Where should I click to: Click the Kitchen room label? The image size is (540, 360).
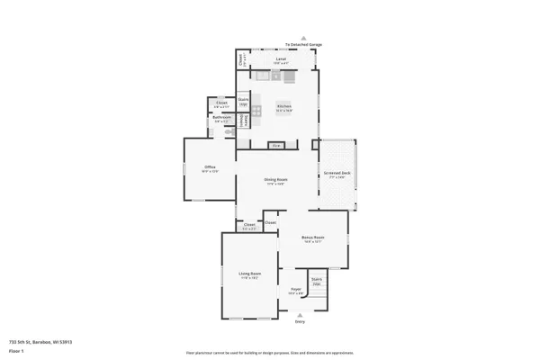click(284, 107)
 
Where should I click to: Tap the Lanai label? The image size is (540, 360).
click(281, 59)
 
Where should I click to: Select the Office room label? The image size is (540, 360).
click(210, 167)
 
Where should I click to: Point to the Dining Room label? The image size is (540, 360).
click(275, 180)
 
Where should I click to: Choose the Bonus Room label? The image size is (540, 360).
click(312, 238)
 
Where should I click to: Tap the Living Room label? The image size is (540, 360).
click(249, 274)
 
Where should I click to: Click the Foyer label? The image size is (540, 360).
click(294, 289)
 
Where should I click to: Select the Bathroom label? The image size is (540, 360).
click(222, 117)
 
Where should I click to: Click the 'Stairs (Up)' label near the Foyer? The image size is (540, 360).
click(317, 281)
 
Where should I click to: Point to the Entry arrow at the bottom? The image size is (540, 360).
click(301, 315)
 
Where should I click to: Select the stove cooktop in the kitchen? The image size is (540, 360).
click(256, 110)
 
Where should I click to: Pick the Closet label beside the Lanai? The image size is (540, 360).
click(242, 60)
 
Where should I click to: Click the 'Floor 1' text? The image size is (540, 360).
click(16, 350)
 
